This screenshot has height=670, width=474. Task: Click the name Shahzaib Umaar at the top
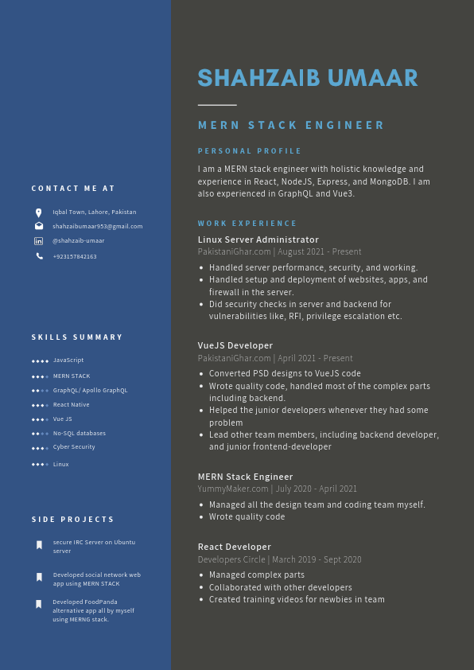click(x=307, y=78)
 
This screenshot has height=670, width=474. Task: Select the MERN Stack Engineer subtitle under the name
click(x=291, y=125)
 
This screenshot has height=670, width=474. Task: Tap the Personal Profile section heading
click(x=250, y=151)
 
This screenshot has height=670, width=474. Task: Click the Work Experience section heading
click(x=247, y=224)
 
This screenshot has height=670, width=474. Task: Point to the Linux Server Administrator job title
click(x=258, y=240)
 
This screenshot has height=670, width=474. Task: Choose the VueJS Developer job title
click(x=235, y=345)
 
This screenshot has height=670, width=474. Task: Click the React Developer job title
click(x=235, y=547)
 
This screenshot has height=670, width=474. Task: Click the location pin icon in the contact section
click(x=39, y=212)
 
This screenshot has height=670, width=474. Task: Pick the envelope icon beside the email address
click(x=39, y=226)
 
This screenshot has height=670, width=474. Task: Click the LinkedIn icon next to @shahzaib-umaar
click(x=39, y=241)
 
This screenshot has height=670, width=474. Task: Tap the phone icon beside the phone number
click(x=39, y=256)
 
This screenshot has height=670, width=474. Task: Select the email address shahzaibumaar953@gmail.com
click(x=98, y=226)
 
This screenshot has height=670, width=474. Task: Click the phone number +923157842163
click(x=75, y=256)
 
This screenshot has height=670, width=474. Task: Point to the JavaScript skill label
click(x=68, y=360)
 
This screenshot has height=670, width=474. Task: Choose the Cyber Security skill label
click(x=74, y=447)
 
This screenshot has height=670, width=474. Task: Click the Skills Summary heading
click(x=77, y=337)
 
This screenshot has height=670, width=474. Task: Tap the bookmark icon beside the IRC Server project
click(x=39, y=545)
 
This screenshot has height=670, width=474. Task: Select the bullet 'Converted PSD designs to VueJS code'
click(x=285, y=373)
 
